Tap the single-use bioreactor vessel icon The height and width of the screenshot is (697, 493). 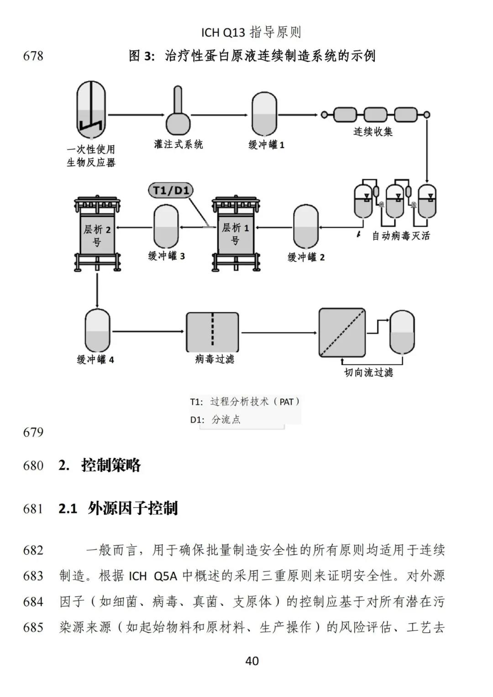pyautogui.click(x=91, y=110)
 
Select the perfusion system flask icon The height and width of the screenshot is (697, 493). pyautogui.click(x=178, y=114)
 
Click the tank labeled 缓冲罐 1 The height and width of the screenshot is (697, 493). pyautogui.click(x=264, y=114)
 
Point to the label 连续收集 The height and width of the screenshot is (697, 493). pyautogui.click(x=373, y=132)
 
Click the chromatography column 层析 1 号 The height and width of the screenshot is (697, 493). pyautogui.click(x=235, y=233)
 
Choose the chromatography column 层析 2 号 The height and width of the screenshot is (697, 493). pyautogui.click(x=97, y=233)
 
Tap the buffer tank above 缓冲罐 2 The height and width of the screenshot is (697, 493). pyautogui.click(x=306, y=227)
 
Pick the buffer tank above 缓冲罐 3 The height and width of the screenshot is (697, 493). pyautogui.click(x=166, y=226)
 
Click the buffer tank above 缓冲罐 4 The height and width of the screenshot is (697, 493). pyautogui.click(x=97, y=330)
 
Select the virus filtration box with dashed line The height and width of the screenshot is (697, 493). pyautogui.click(x=212, y=332)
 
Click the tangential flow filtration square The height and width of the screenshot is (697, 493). pyautogui.click(x=342, y=332)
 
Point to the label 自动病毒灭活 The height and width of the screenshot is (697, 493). pyautogui.click(x=401, y=236)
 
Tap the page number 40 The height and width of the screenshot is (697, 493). pyautogui.click(x=252, y=660)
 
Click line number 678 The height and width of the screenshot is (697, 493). pyautogui.click(x=33, y=56)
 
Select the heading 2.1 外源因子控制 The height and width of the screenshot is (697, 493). pyautogui.click(x=118, y=508)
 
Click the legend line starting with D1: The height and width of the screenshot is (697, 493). pyautogui.click(x=215, y=419)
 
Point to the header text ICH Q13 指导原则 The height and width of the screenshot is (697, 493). pyautogui.click(x=251, y=32)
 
